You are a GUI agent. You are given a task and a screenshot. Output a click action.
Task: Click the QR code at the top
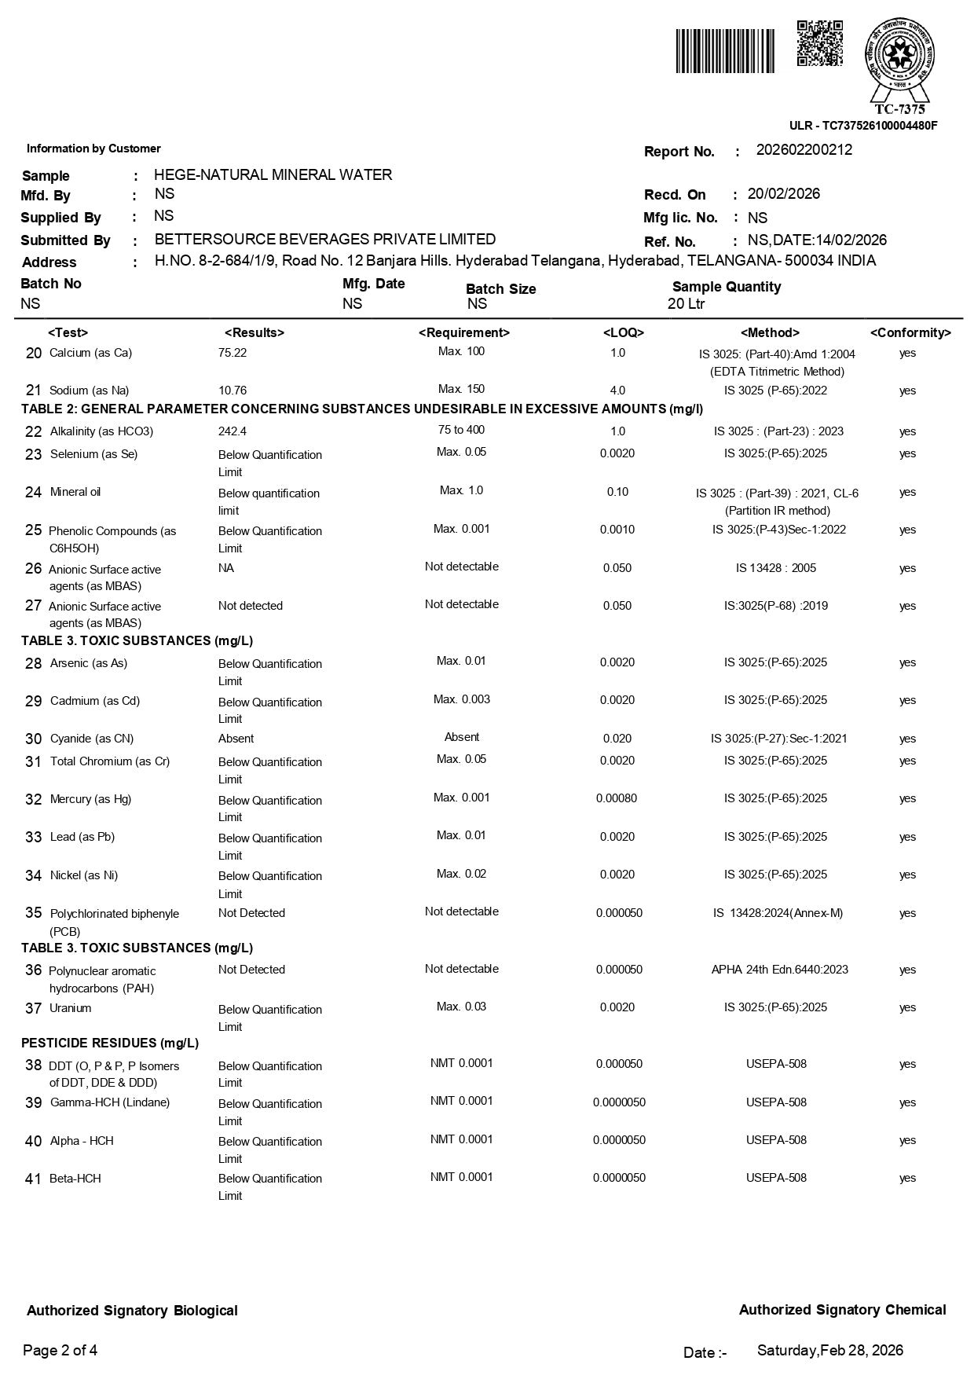click(x=819, y=44)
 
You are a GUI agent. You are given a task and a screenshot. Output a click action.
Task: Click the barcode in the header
click(x=725, y=51)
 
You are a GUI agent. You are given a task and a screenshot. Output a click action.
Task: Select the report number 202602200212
click(x=804, y=150)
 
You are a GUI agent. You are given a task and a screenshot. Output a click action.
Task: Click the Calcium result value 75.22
click(x=233, y=353)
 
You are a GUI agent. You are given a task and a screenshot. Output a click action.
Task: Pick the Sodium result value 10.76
click(x=233, y=391)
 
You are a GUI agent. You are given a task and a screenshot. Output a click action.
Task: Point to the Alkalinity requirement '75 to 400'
click(x=462, y=430)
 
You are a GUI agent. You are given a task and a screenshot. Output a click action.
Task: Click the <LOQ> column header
click(x=623, y=333)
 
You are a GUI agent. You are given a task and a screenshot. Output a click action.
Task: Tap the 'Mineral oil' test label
click(x=75, y=492)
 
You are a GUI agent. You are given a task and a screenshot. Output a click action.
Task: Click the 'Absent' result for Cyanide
click(x=236, y=739)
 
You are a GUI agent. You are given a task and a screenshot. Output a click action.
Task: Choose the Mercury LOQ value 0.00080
click(x=617, y=798)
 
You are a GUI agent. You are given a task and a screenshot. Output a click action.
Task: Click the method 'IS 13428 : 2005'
click(x=776, y=568)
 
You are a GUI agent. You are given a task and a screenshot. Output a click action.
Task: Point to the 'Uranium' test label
click(x=71, y=1008)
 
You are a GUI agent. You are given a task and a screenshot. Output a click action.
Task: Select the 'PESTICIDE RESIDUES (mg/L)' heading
click(x=110, y=1043)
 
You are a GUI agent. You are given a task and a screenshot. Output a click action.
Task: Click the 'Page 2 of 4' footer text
click(x=60, y=1351)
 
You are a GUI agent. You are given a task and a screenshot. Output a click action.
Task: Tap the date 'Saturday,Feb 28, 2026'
click(x=829, y=1351)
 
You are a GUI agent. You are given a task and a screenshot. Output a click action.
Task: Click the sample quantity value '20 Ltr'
click(x=686, y=304)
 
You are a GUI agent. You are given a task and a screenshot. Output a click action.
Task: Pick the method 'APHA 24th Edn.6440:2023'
click(x=779, y=970)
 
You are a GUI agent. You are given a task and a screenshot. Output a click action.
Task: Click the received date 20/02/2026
click(x=783, y=194)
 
